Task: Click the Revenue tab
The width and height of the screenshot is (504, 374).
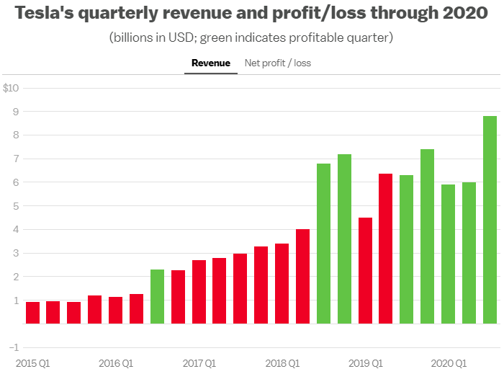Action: click(x=211, y=63)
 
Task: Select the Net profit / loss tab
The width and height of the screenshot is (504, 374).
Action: click(x=278, y=63)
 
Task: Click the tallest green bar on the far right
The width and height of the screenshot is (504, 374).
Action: click(x=490, y=220)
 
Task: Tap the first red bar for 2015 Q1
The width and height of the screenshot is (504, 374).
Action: click(x=32, y=313)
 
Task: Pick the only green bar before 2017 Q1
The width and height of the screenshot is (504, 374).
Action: click(x=158, y=296)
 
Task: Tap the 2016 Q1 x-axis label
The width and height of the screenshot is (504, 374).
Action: click(x=116, y=362)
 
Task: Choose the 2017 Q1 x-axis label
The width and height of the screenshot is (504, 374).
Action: click(x=199, y=362)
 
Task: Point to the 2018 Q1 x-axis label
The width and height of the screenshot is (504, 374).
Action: click(x=283, y=362)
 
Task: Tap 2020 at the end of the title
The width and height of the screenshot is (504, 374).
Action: click(x=466, y=14)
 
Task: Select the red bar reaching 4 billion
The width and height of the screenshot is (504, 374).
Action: click(x=303, y=277)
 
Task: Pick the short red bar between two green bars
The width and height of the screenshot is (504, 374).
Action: click(x=366, y=271)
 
